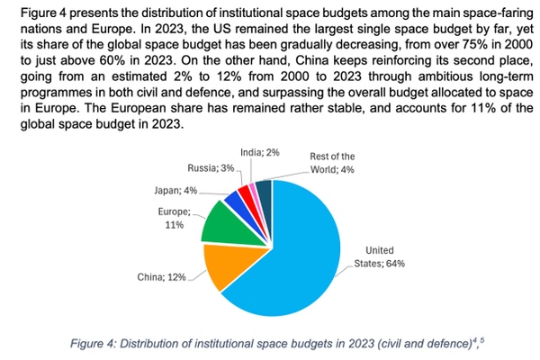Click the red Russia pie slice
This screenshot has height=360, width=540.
point(247,192)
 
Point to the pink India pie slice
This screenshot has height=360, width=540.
point(256,188)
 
